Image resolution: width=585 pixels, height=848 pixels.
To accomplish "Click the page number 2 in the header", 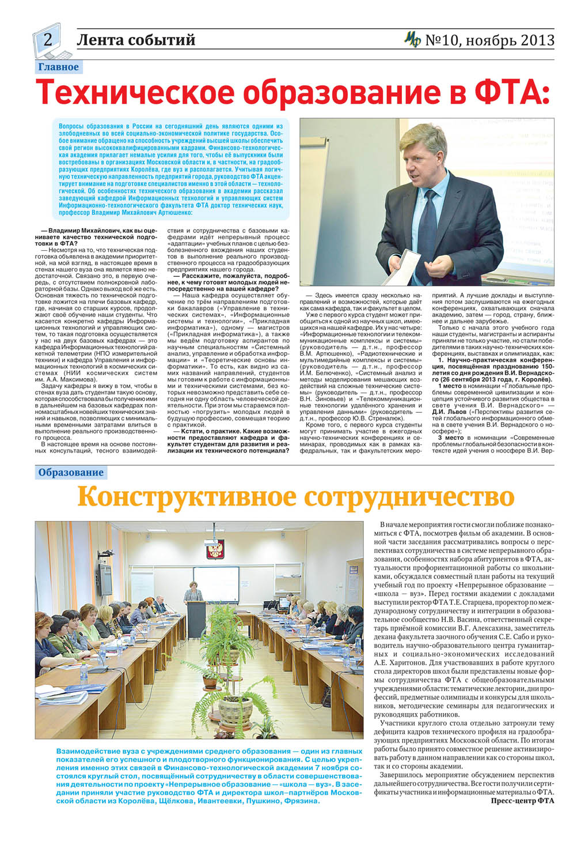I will click(48, 39).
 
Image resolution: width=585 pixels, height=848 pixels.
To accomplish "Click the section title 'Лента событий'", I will click(136, 40).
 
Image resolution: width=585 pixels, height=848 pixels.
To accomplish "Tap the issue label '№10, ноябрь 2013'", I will click(489, 40).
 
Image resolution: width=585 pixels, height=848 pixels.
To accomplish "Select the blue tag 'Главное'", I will click(58, 67).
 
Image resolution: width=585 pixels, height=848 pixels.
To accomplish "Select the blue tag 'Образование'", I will click(71, 473).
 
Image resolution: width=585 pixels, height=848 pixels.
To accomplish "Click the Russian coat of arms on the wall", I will click(215, 548).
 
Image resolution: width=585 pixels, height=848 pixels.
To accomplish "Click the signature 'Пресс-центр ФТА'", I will click(522, 801).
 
